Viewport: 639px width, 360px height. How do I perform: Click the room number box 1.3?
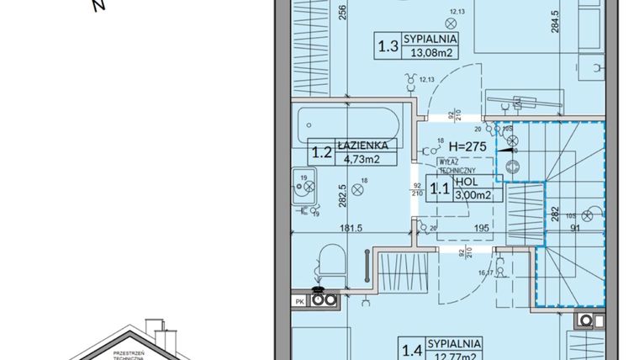388,46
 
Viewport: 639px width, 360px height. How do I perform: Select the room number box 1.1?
439,188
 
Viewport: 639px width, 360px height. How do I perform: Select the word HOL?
467,182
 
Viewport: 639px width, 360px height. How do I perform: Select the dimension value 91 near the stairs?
574,225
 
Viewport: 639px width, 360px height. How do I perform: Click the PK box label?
298,298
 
